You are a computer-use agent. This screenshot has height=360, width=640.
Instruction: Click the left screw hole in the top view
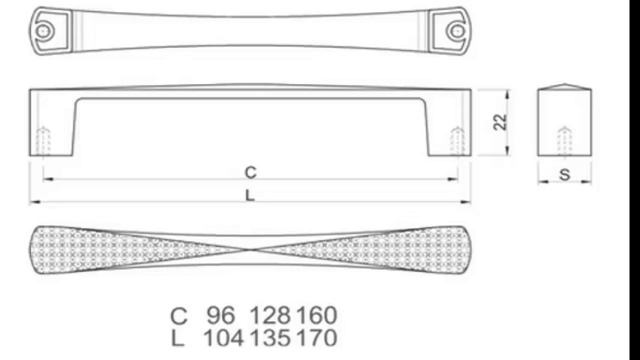(x=43, y=31)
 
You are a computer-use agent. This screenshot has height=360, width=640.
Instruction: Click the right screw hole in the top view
(x=457, y=31)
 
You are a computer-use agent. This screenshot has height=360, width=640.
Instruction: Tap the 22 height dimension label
(x=500, y=122)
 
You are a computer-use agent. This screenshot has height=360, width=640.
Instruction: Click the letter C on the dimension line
(x=250, y=172)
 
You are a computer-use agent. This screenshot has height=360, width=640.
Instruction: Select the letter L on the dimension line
(x=250, y=196)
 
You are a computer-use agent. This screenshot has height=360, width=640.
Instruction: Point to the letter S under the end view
(x=564, y=175)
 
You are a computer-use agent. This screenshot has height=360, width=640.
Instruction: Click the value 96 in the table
(x=221, y=315)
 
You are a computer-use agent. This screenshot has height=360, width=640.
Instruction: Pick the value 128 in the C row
(x=270, y=315)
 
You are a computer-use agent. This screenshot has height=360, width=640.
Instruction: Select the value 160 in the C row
(x=317, y=315)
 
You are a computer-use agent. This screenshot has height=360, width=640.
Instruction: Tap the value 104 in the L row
(x=223, y=338)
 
